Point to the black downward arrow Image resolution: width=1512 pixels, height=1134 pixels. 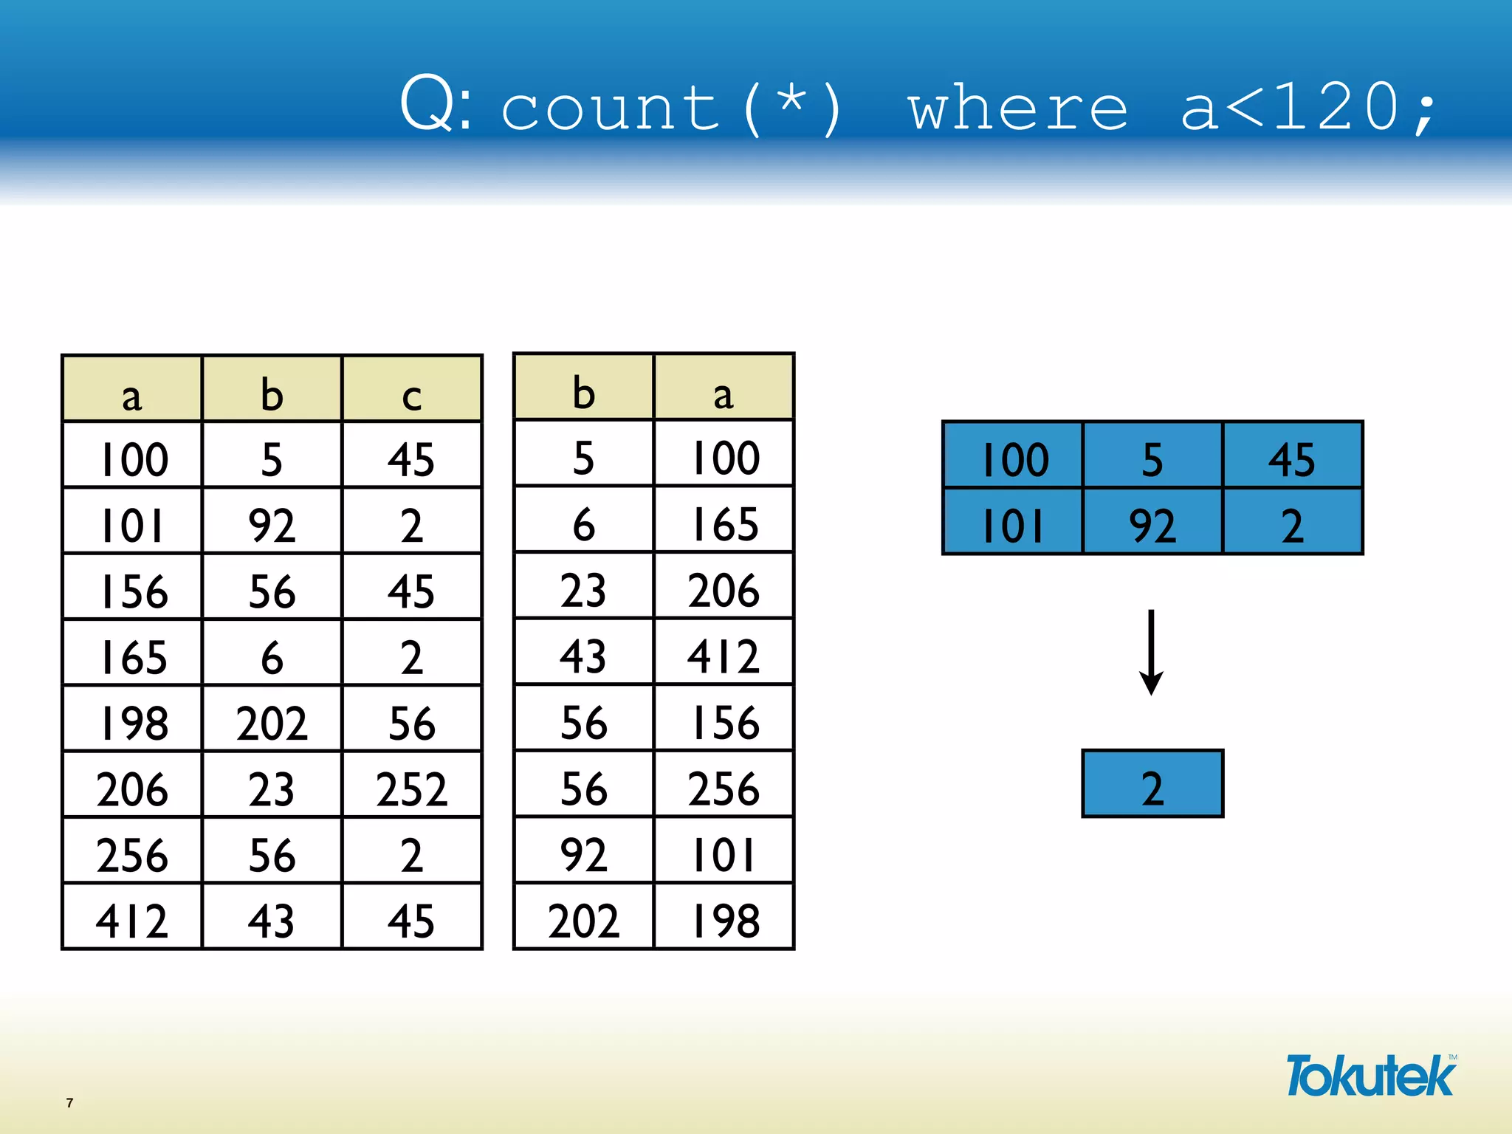tap(1151, 652)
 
